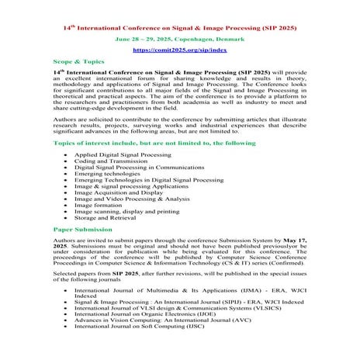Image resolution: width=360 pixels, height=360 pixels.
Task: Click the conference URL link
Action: [x=179, y=49]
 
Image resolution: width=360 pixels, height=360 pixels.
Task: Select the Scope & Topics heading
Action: [x=78, y=60]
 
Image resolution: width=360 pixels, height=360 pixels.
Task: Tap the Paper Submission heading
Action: [x=82, y=230]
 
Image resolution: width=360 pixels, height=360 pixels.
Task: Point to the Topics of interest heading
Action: [x=143, y=144]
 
